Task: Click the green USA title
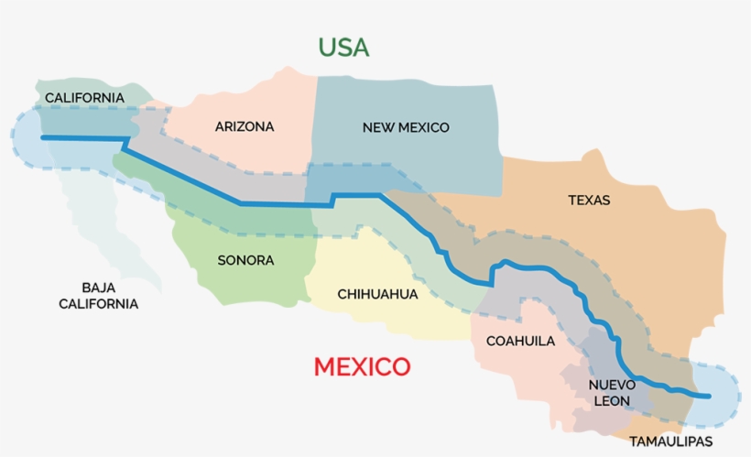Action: coord(343,48)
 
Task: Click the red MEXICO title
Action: coord(362,367)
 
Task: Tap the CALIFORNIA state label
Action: coord(84,97)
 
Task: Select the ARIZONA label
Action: coord(245,126)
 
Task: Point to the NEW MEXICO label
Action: coord(406,127)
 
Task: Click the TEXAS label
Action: coord(589,200)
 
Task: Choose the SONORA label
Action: coord(245,260)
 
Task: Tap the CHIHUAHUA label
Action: coord(377,294)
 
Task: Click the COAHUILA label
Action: coord(520,341)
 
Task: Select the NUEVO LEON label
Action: coord(611,392)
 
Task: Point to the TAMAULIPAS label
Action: coord(670,441)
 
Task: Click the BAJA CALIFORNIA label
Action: coord(98,295)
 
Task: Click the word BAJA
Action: coord(98,287)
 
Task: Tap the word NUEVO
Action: coord(611,384)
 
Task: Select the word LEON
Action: coord(611,400)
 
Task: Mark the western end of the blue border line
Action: coord(43,137)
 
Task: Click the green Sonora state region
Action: coord(229,275)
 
